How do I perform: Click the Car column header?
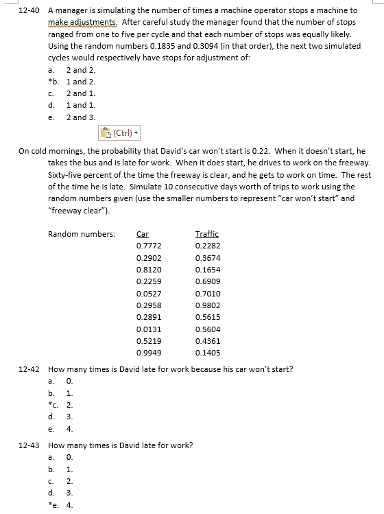coord(143,233)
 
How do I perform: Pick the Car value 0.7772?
coord(149,246)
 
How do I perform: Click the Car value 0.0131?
coord(149,329)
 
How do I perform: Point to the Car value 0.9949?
coord(149,353)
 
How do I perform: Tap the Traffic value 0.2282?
coord(208,246)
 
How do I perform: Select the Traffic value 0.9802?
coord(208,305)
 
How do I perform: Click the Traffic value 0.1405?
coord(208,353)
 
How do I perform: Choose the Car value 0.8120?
coord(149,270)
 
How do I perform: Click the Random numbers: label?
coord(82,234)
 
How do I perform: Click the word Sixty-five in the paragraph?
coord(66,174)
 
